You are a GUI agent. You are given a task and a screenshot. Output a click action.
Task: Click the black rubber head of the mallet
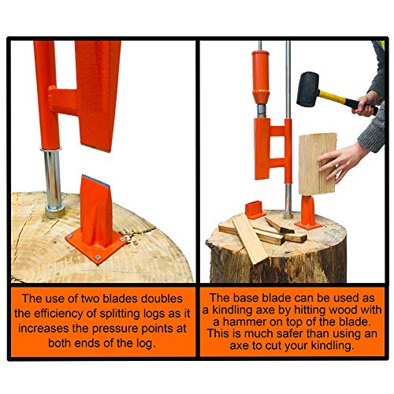tap(308, 89)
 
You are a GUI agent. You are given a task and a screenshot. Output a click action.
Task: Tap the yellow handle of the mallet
tap(339, 103)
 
